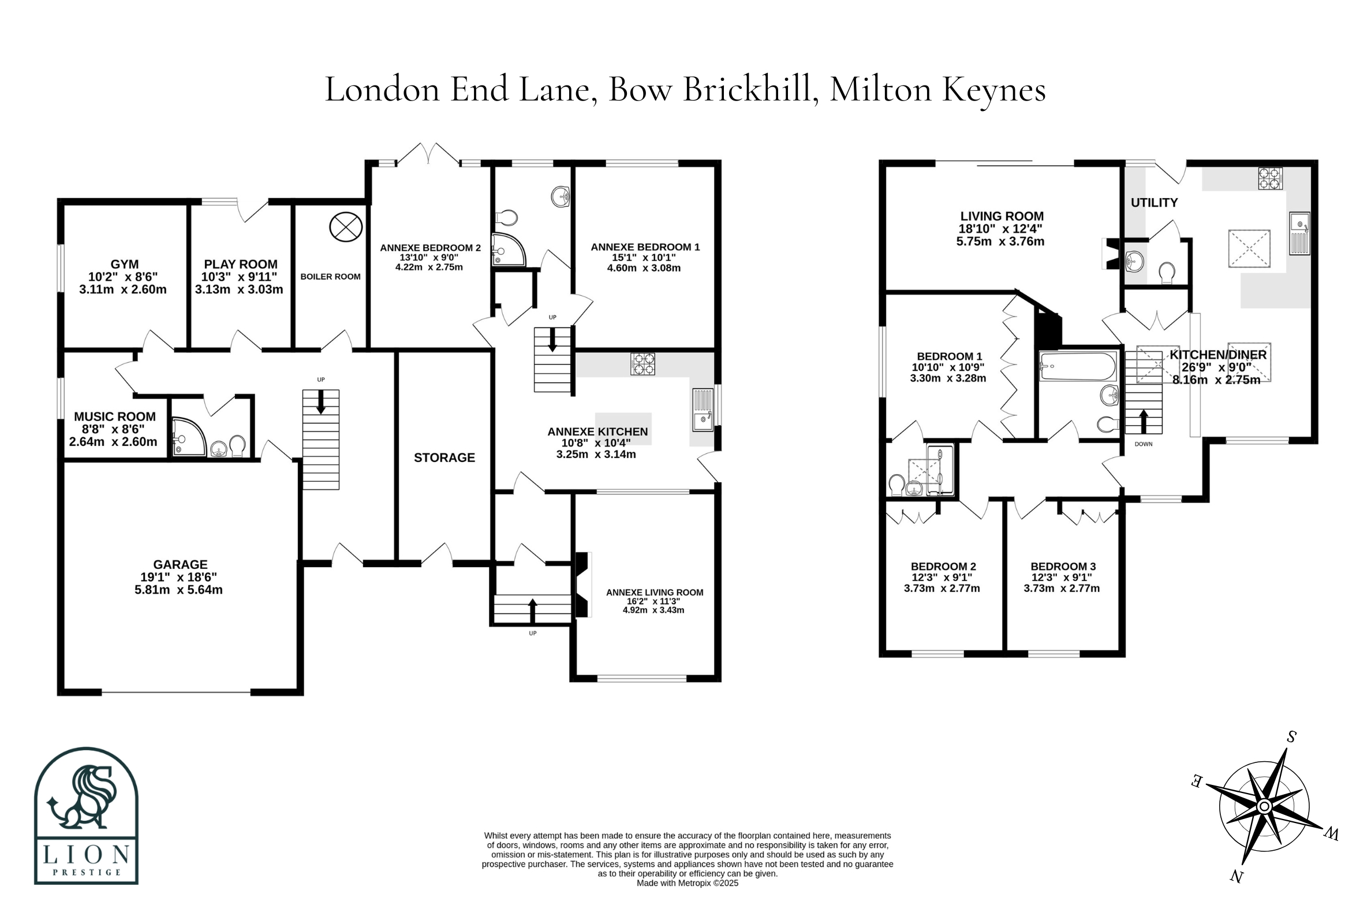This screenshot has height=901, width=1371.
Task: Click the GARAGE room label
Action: [180, 564]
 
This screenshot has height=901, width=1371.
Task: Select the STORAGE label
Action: [444, 457]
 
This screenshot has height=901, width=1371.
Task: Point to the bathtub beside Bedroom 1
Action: [1078, 366]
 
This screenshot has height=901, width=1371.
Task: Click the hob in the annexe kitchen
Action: [642, 364]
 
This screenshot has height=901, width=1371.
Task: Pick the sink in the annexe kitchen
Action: [703, 410]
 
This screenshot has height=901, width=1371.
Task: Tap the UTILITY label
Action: [1154, 203]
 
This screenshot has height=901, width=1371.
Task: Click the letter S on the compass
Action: [1291, 737]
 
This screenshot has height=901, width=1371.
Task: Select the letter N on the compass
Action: [1236, 877]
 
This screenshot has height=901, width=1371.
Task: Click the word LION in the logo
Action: [87, 854]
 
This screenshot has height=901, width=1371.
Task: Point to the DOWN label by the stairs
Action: [1144, 444]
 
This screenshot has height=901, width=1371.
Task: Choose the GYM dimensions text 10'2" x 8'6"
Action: [123, 277]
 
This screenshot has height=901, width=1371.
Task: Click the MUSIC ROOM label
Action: [115, 416]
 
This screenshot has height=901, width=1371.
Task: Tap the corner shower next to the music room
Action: [188, 437]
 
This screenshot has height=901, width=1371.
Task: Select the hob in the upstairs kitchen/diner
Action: [1270, 178]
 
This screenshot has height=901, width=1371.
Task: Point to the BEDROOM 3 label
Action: [1063, 567]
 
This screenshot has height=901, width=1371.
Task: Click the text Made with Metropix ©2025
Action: [688, 883]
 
